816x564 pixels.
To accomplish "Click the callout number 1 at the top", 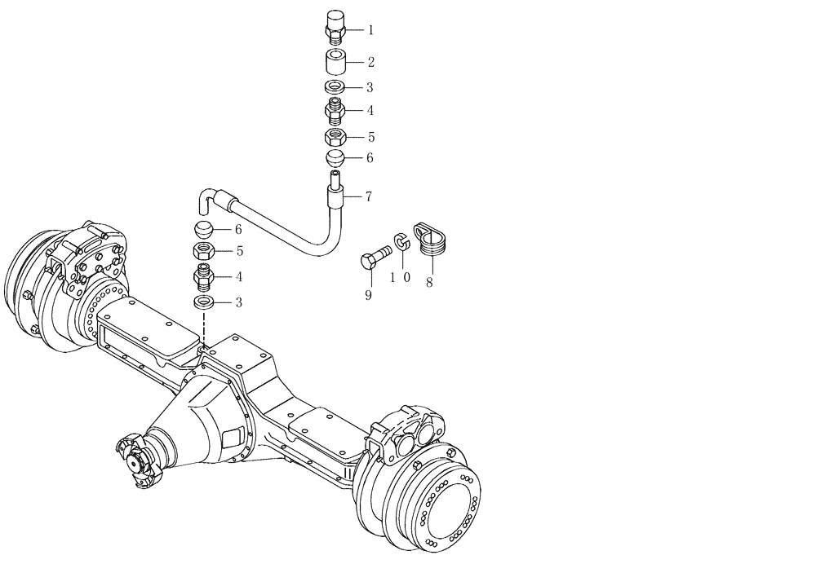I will coord(370,30).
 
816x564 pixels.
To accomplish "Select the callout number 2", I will coord(370,62).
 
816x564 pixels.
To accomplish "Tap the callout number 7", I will coord(369,196).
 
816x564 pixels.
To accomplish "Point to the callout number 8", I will coord(429,284).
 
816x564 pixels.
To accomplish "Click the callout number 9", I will coord(368,295).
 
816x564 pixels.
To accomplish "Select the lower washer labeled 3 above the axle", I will coord(205,303).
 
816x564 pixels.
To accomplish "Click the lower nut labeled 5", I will coord(205,252).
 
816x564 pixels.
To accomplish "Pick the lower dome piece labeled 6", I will coord(205,228).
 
